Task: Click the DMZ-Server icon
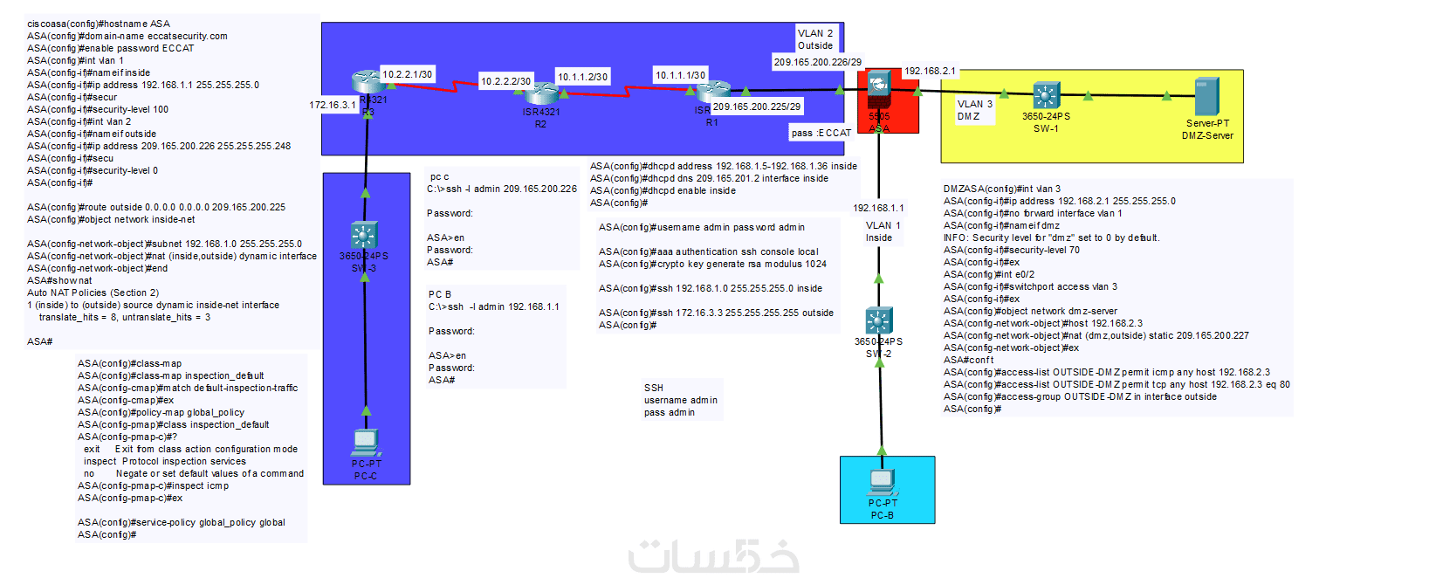(1206, 97)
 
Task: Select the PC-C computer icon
(366, 443)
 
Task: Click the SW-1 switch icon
(1046, 95)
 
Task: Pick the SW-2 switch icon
(878, 320)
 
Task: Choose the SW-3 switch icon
(364, 236)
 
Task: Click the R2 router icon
(541, 92)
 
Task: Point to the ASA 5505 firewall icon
(878, 87)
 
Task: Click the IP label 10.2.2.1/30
(407, 75)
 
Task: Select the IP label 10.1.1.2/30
(582, 77)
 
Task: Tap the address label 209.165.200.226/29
(817, 62)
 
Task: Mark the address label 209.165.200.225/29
(757, 107)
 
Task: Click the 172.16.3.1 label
(332, 105)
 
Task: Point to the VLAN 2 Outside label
(815, 39)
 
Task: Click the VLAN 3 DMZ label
(974, 110)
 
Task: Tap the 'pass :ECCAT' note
(821, 133)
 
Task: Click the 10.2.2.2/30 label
(505, 81)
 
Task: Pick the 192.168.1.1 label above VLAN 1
(878, 208)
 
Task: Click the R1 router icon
(713, 89)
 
